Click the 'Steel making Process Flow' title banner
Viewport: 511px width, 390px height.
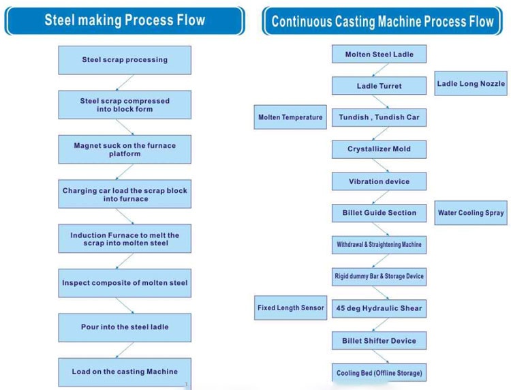coord(125,20)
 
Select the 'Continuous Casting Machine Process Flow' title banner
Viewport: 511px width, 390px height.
coord(382,21)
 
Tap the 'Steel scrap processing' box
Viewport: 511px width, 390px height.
coord(125,60)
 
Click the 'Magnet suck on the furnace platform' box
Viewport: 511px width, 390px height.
coord(125,149)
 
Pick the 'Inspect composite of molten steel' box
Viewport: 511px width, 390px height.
coord(125,283)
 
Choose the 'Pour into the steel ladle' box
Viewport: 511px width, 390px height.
coord(125,327)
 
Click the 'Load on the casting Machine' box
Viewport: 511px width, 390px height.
coord(125,372)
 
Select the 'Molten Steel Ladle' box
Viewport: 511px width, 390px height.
coord(379,54)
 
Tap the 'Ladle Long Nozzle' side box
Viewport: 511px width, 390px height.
coord(471,83)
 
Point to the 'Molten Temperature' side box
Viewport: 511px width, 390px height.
coord(290,117)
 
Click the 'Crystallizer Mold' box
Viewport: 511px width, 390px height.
coord(379,149)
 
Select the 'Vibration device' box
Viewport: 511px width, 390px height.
coord(379,181)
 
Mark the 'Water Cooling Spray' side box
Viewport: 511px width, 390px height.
coord(471,213)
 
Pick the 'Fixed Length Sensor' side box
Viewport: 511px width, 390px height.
coord(291,307)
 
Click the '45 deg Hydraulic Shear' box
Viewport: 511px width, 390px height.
coord(379,308)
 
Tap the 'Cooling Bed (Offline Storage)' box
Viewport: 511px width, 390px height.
coord(379,373)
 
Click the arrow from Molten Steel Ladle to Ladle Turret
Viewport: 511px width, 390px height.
coord(380,70)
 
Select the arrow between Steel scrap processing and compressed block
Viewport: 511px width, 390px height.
coord(125,82)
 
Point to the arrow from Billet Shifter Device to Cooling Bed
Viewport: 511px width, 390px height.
coord(380,357)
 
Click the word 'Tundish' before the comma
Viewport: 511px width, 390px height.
coord(353,117)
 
